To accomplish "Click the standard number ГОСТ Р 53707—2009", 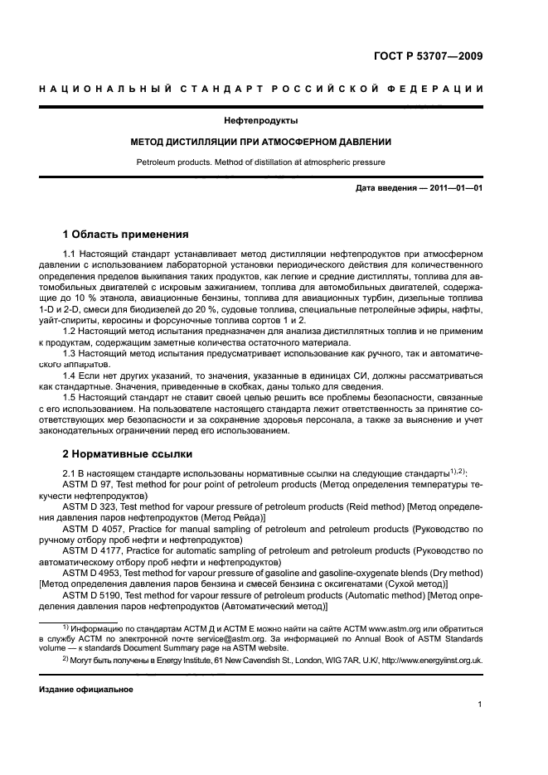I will click(429, 57).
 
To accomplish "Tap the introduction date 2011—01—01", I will click(455, 189).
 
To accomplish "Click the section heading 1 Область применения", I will click(126, 235).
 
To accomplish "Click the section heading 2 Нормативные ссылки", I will click(128, 453).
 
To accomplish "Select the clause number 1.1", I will click(70, 253).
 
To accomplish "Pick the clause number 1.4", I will click(70, 375).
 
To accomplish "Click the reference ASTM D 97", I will click(87, 485).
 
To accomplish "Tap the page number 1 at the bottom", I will click(480, 705).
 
